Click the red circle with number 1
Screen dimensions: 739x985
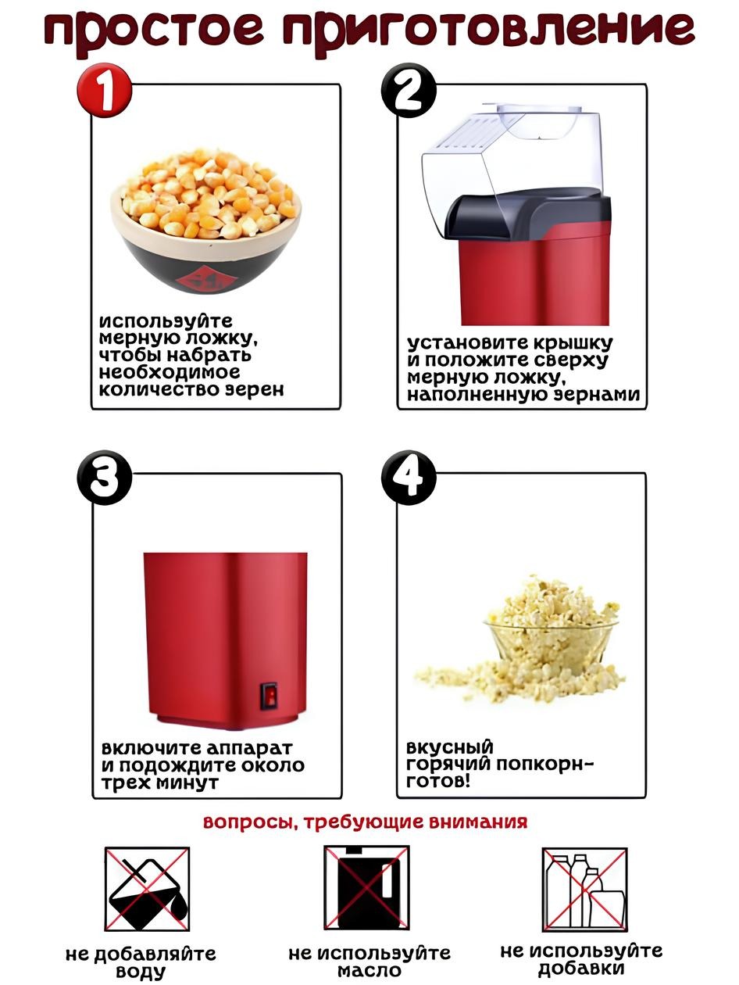(105, 90)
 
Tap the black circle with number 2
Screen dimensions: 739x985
(409, 90)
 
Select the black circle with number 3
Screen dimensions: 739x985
(105, 478)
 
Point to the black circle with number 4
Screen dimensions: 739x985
(409, 478)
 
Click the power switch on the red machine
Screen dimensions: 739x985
(269, 696)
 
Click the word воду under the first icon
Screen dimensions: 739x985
(141, 972)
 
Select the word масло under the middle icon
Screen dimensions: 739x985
(369, 971)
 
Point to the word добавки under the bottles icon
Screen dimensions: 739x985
(581, 968)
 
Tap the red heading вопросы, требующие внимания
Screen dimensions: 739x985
(365, 822)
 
